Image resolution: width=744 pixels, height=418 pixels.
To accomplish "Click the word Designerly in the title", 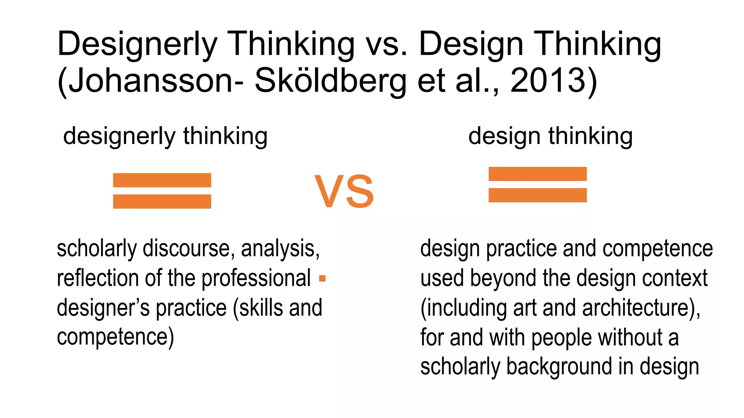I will [137, 44].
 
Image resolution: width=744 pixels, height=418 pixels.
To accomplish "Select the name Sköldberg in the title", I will [330, 81].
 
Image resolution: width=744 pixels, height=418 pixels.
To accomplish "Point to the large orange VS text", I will [344, 191].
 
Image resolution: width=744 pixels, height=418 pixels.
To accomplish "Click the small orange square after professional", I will [322, 279].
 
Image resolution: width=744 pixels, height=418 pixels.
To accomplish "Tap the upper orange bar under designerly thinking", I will [162, 180].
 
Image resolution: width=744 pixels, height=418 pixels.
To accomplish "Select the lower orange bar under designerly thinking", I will [162, 201].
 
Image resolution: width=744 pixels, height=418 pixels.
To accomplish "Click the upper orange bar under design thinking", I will [538, 174].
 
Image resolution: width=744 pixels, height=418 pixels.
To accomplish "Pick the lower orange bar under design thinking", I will [538, 195].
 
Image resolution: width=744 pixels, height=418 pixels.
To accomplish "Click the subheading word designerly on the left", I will [120, 136].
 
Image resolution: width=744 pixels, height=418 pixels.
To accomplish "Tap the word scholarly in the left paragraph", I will [97, 249].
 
